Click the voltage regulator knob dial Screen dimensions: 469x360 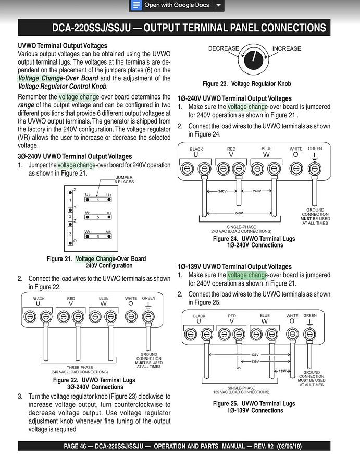pos(254,57)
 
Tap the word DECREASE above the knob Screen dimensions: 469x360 pos(224,48)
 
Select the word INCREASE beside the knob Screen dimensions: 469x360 pos(287,48)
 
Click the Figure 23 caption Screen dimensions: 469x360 pos(246,83)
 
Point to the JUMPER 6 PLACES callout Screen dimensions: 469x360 pos(124,179)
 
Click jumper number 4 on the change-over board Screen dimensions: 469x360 pos(98,199)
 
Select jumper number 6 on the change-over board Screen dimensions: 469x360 pos(98,236)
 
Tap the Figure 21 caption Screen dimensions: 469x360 pos(96,262)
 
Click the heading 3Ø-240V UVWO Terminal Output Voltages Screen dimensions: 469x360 pos(75,156)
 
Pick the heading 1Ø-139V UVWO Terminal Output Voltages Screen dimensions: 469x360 pos(234,266)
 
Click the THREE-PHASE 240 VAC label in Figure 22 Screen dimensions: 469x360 pos(80,369)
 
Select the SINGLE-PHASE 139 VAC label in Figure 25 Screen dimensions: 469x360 pos(241,390)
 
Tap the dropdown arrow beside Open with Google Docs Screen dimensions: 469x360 pos(219,5)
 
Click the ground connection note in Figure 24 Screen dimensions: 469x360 pos(315,216)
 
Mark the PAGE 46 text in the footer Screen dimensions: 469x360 pos(78,446)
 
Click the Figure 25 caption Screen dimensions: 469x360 pos(254,406)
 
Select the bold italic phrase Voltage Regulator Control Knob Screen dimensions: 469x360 pos(63,86)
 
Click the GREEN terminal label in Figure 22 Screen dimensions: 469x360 pos(148,299)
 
